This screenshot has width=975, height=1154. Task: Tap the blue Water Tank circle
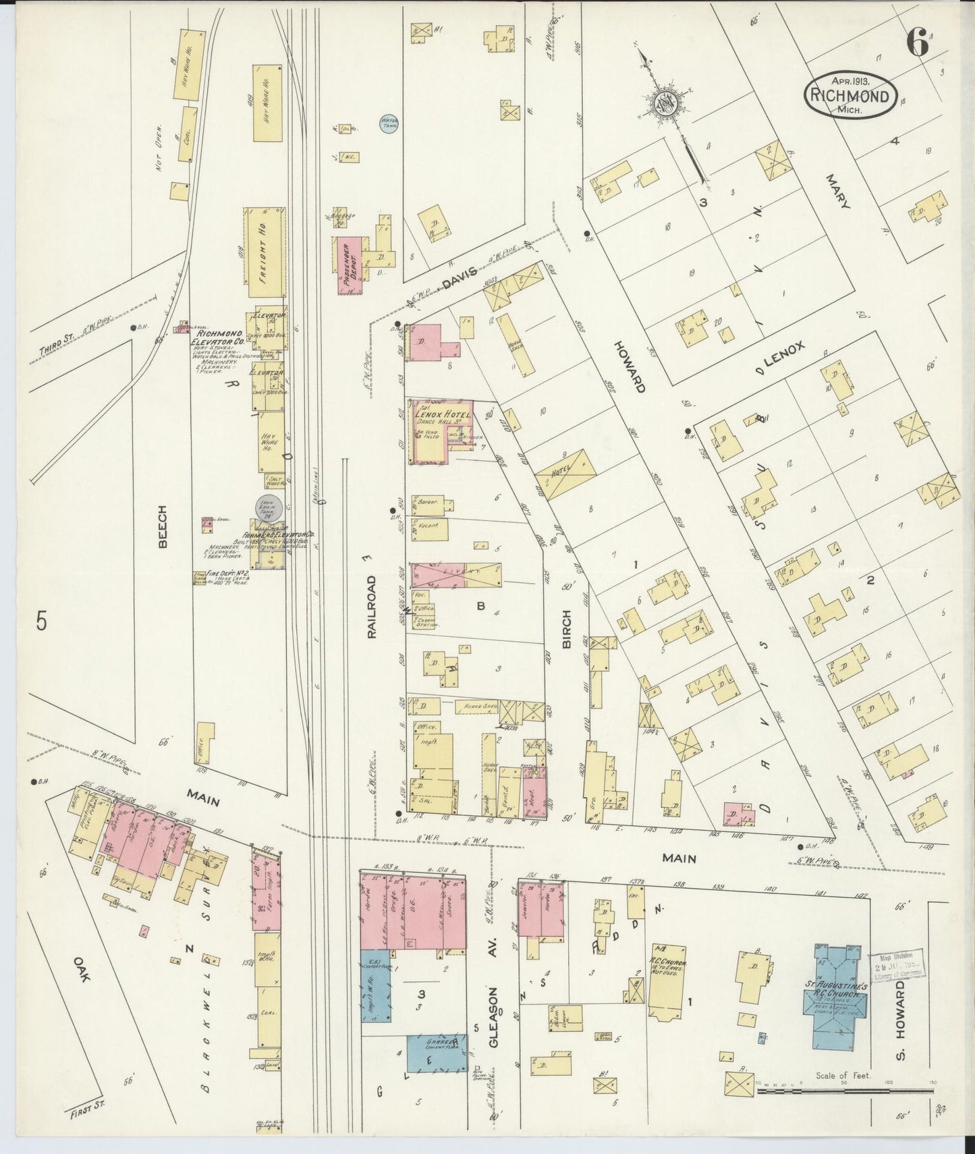[x=389, y=123]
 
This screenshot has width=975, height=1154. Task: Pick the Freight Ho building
[x=264, y=252]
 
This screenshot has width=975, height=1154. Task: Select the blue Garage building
[x=437, y=1054]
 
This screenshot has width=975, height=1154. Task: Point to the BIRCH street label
[x=565, y=629]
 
